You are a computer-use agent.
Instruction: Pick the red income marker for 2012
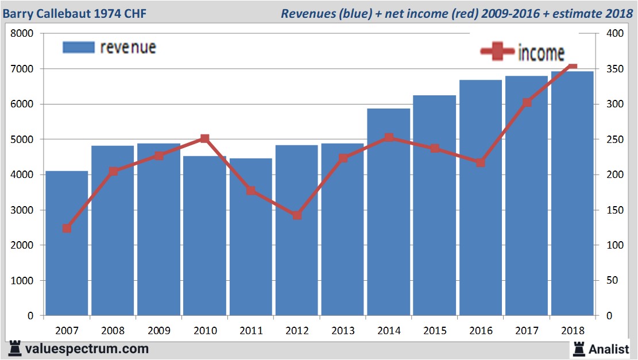tap(297, 215)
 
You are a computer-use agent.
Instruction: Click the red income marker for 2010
tap(205, 138)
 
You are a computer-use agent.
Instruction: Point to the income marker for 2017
tap(527, 103)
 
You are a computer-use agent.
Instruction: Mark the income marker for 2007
tap(67, 229)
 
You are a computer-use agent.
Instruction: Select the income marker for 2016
tap(481, 162)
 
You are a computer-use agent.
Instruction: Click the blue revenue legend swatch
tap(78, 47)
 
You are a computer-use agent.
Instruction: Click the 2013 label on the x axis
tap(343, 331)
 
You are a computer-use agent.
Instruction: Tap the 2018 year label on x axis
tap(573, 331)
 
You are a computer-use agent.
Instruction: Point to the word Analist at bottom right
tap(609, 349)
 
